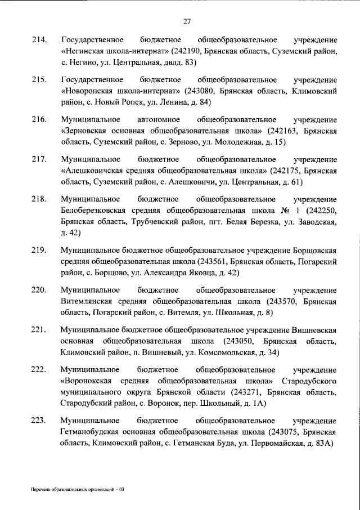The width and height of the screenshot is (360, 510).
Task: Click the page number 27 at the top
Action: click(x=187, y=22)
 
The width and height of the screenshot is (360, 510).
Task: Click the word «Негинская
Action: click(x=87, y=51)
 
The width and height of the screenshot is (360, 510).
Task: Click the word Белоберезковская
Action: click(x=93, y=211)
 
